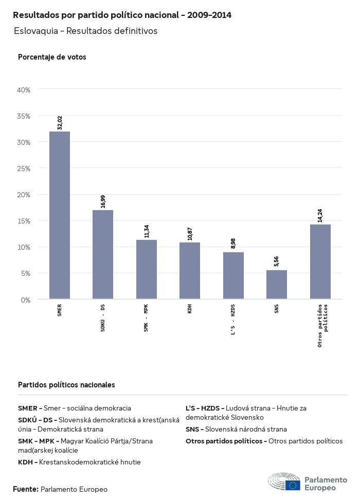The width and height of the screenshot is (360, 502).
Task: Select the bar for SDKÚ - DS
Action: point(103,254)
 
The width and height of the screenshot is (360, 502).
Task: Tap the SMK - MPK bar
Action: point(147,269)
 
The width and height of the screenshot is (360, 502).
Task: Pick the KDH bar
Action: point(190,270)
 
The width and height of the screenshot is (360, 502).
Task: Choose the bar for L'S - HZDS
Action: point(233,275)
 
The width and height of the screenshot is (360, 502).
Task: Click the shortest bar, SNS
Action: point(277,284)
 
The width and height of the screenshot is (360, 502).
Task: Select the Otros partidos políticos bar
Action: point(320,262)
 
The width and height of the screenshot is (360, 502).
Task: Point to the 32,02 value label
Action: point(60,123)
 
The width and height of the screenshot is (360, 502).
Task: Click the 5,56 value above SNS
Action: point(277,261)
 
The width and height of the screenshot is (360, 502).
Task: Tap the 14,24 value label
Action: point(320,215)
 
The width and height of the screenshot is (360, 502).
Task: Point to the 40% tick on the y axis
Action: point(24,90)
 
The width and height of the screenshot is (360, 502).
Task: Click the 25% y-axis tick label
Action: point(24,169)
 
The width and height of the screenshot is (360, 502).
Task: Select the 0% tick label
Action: point(26,300)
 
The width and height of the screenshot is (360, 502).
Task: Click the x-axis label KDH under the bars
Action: point(190,309)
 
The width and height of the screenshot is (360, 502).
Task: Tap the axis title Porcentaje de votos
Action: point(52,57)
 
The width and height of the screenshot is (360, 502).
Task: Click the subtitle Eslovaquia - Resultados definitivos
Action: point(85,31)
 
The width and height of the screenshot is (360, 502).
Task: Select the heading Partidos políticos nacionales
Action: point(66,385)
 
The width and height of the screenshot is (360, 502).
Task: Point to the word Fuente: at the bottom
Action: point(26,489)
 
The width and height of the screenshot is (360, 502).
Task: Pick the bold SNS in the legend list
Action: point(193,429)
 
